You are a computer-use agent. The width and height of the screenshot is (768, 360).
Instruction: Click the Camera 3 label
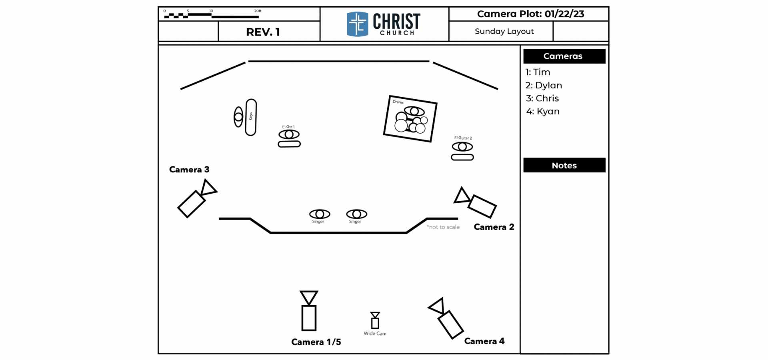tap(189, 170)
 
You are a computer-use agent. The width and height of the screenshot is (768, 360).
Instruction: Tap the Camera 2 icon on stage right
tap(476, 202)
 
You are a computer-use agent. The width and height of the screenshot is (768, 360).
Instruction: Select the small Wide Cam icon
tap(375, 320)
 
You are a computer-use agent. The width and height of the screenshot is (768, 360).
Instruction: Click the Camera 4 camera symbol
tap(446, 318)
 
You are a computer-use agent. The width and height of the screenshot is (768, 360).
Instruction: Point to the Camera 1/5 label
tap(316, 342)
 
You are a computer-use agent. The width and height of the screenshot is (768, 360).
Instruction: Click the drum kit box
tap(410, 119)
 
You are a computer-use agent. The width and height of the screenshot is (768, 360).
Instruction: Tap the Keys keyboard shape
tap(251, 117)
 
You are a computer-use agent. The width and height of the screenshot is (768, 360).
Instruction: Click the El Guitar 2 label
tap(463, 138)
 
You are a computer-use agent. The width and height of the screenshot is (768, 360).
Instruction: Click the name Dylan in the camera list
tap(548, 86)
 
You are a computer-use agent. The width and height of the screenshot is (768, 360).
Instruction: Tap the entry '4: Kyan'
tap(543, 112)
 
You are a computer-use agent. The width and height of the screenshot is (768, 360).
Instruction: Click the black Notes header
tap(564, 165)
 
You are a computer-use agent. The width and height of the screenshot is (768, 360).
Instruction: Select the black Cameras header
tap(564, 56)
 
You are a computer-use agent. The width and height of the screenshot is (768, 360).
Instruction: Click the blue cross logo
tap(357, 24)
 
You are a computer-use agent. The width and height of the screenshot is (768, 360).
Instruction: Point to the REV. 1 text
tap(263, 32)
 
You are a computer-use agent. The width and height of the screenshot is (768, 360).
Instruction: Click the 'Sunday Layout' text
tap(504, 31)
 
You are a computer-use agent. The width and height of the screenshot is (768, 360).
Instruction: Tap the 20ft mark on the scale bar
tap(258, 11)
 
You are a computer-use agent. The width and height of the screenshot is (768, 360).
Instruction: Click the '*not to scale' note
tap(443, 227)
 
